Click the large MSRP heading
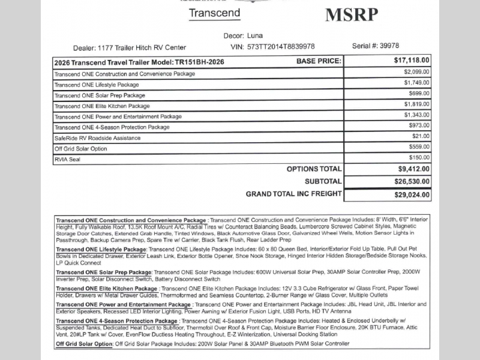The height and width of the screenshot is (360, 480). pyautogui.click(x=352, y=14)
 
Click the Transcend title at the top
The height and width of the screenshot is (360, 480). pyautogui.click(x=214, y=13)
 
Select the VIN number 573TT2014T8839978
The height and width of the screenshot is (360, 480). pyautogui.click(x=281, y=47)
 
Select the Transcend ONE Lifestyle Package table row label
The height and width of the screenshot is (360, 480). pyautogui.click(x=97, y=85)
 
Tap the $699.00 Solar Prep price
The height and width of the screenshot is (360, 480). pyautogui.click(x=418, y=94)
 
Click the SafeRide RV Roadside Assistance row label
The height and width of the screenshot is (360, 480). pyautogui.click(x=97, y=138)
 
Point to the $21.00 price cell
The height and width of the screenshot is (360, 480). pyautogui.click(x=421, y=136)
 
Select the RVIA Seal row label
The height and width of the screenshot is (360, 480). pyautogui.click(x=67, y=160)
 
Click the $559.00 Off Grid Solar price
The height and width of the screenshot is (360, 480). pyautogui.click(x=418, y=147)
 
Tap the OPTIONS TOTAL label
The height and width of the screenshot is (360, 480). pyautogui.click(x=314, y=169)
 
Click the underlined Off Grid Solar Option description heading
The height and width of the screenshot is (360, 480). pyautogui.click(x=84, y=344)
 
